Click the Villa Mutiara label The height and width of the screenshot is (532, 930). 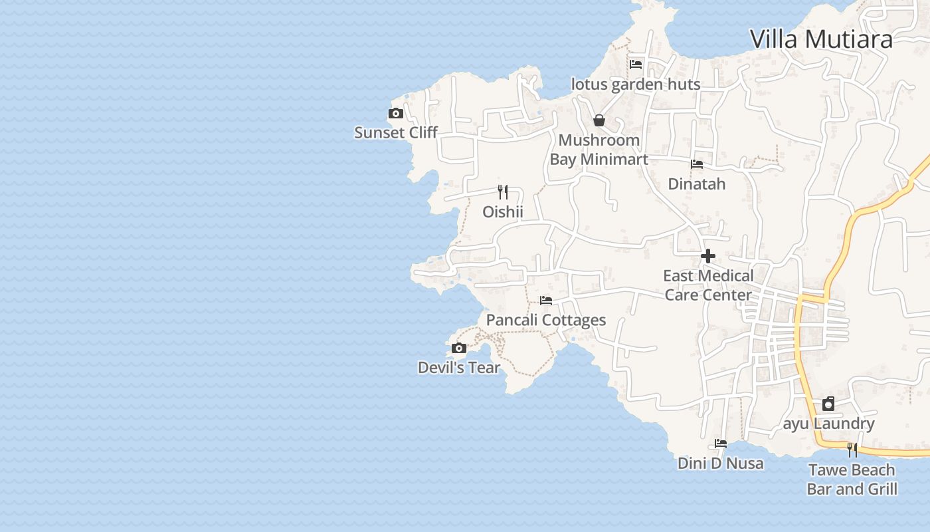821,39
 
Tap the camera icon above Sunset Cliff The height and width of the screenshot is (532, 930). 396,114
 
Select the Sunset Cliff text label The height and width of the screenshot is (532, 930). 396,132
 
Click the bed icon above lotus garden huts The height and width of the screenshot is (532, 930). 636,65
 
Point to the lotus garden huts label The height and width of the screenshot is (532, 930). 636,84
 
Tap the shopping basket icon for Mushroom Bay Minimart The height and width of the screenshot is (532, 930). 599,120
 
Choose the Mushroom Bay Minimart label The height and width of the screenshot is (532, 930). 599,150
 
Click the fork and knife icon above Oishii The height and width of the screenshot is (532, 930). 503,192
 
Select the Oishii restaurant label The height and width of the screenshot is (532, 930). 503,212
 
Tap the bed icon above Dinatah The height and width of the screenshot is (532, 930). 697,164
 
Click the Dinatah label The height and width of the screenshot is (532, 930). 697,184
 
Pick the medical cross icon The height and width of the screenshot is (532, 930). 708,256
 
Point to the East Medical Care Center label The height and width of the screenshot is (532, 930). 708,285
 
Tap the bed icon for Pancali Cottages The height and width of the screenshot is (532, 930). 546,301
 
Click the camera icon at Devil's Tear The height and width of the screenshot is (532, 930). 458,348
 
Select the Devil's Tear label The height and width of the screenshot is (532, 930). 458,367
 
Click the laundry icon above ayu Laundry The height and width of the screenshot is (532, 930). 828,404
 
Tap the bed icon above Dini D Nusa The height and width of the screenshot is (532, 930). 721,444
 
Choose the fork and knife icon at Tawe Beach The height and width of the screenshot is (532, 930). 852,450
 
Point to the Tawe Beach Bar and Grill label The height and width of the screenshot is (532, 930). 852,479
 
